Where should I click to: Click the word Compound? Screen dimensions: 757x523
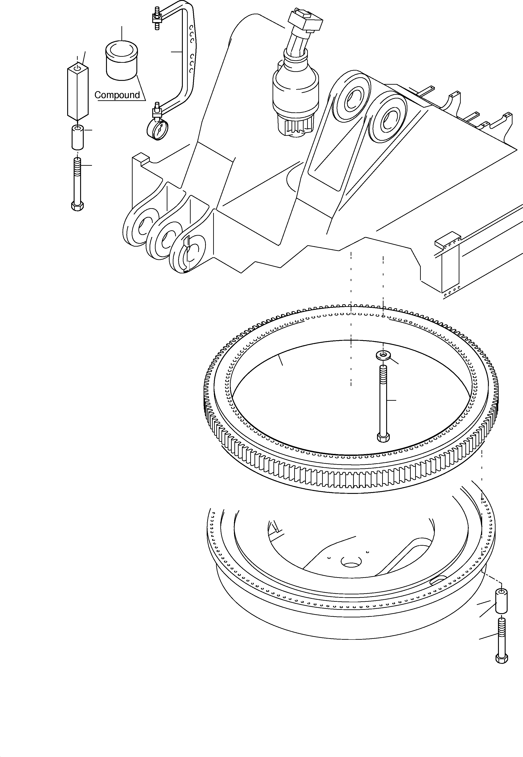click(117, 95)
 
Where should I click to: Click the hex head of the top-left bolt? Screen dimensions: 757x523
click(77, 206)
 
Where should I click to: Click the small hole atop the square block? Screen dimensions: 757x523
click(77, 68)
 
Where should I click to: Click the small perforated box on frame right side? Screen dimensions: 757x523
click(447, 242)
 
